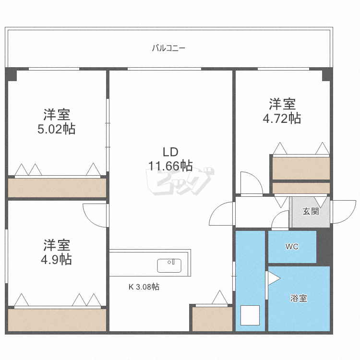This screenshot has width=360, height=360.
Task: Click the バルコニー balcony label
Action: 168,48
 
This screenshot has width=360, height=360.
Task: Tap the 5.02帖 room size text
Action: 57,129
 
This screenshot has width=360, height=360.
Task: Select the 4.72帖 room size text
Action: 282,118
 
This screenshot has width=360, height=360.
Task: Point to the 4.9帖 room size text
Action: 57,259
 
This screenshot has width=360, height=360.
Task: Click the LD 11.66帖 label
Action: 170,159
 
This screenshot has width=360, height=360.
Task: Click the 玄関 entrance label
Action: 310,211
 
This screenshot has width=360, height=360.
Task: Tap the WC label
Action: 292,247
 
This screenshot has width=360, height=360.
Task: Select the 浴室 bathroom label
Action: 299,298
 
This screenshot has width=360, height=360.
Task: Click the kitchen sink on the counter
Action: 169,265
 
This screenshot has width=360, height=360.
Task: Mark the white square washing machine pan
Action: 250,315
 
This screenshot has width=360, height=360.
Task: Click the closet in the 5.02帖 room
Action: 57,188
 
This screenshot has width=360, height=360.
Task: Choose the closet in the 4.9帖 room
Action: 57,319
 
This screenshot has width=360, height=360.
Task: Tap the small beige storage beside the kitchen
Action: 212,318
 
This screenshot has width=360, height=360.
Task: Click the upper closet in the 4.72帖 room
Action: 301,168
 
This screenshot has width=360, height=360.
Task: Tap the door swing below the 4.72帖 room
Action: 251,183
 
